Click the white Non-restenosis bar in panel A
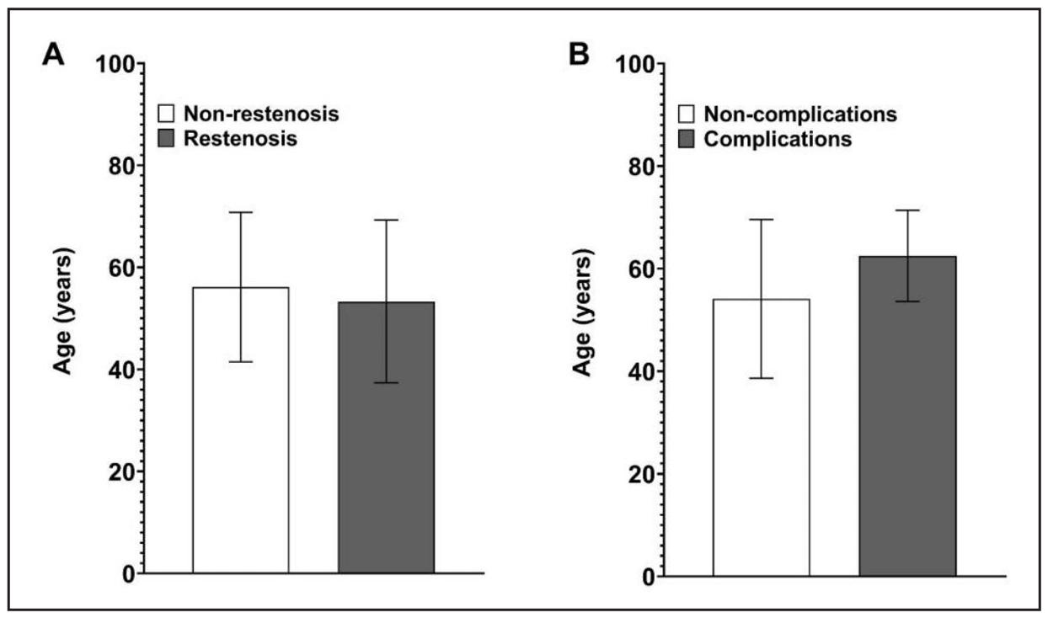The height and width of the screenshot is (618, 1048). point(241,471)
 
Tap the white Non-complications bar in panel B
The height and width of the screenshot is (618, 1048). point(762,480)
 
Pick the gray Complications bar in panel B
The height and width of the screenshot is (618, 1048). point(907,471)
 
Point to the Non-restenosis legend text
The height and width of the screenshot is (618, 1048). point(261,114)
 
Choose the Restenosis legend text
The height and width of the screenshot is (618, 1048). point(240,139)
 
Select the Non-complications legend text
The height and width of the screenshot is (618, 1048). point(800,114)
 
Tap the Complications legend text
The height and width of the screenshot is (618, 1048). point(778,139)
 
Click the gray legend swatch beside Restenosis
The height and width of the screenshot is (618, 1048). point(167,139)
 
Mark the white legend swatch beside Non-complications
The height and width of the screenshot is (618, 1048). point(687,114)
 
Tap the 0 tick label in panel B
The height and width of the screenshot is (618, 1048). point(648,577)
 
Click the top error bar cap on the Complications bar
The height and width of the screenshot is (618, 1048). point(907,210)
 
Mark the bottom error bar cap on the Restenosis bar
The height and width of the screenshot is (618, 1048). point(386,382)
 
